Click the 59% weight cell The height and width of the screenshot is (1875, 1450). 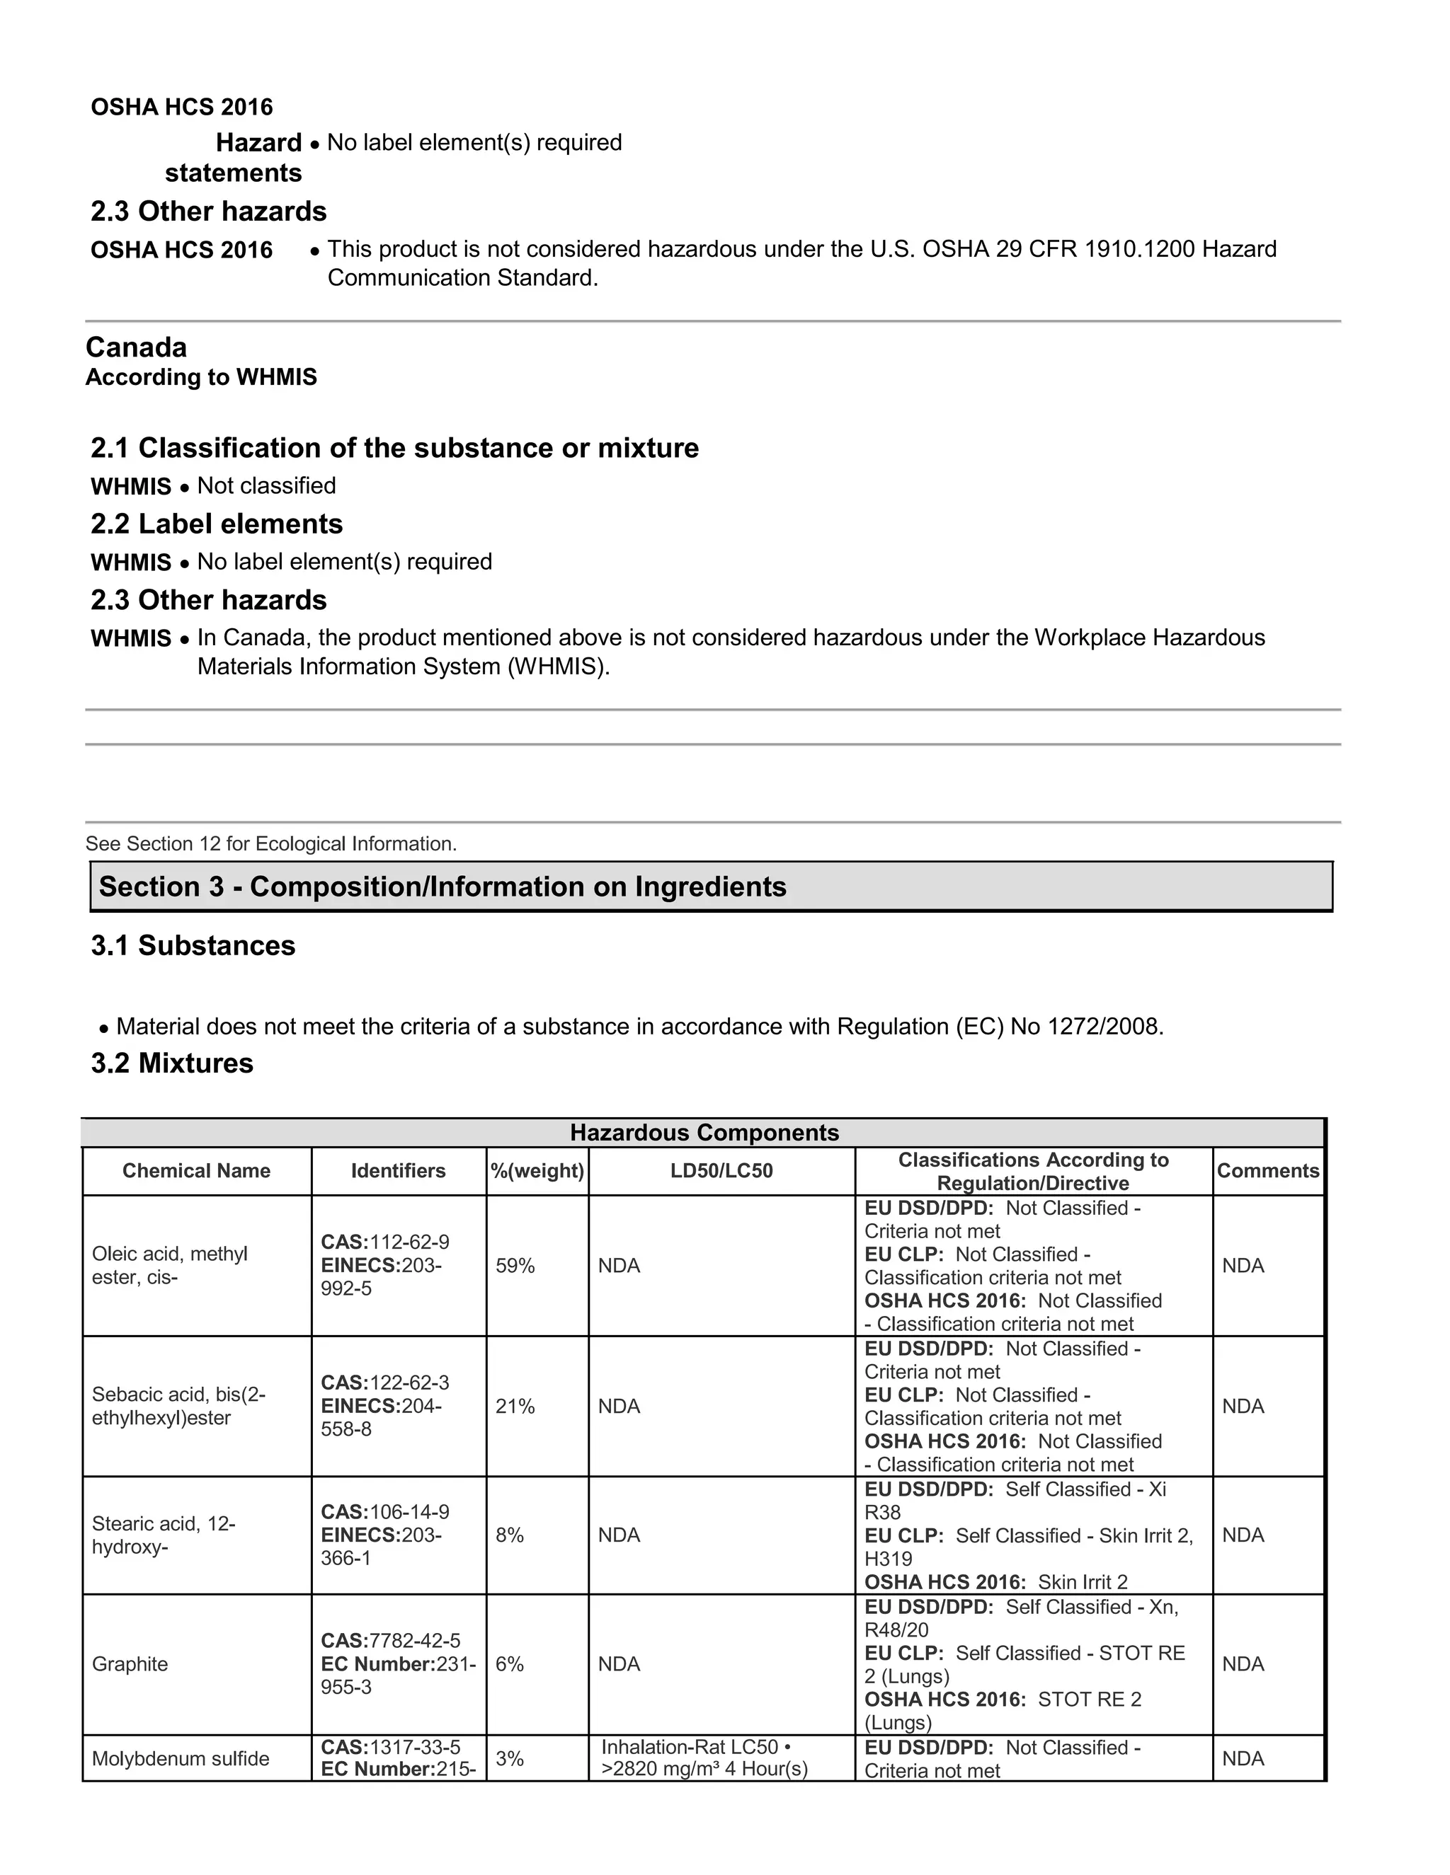515,1266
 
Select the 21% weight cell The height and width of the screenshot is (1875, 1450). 515,1407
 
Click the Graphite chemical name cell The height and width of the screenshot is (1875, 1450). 130,1664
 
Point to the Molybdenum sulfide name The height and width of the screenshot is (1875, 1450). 181,1758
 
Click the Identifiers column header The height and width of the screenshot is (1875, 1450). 398,1171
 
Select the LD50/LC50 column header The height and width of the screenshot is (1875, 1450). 721,1171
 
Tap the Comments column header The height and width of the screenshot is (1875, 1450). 1268,1171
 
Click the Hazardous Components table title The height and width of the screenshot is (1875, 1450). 704,1132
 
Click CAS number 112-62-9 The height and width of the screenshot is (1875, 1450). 385,1242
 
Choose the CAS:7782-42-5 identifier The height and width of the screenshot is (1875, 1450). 391,1641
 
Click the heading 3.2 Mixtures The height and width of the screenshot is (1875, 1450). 173,1063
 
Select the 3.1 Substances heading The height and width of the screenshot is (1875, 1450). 193,945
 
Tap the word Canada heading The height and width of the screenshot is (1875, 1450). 137,347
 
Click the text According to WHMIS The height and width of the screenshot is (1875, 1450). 201,377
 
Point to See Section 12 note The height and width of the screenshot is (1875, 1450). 270,844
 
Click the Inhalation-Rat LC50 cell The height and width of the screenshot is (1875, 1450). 704,1758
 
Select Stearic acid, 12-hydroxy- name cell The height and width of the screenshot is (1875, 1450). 164,1535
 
